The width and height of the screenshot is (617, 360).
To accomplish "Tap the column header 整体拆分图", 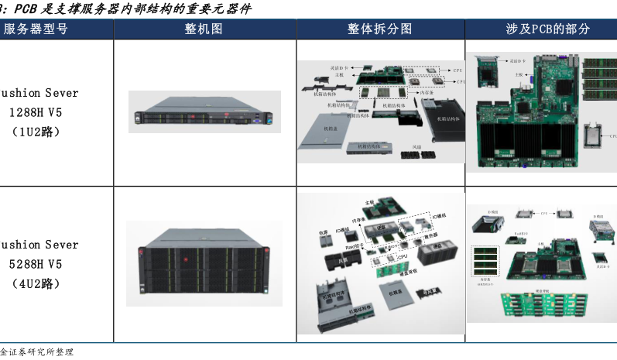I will (x=379, y=29).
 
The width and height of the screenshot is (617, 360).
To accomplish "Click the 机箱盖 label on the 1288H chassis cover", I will (x=331, y=128).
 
